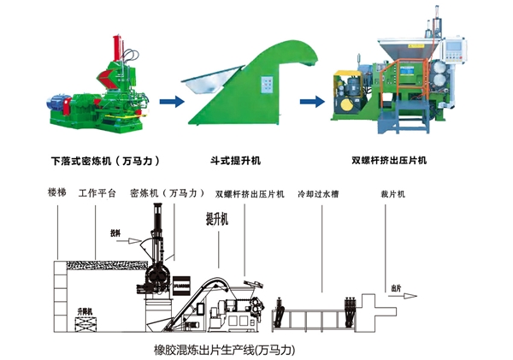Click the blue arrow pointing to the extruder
(x=312, y=100)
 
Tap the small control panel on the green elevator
(x=268, y=84)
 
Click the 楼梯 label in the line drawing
(x=58, y=193)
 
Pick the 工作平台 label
(x=97, y=193)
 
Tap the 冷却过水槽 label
(x=317, y=193)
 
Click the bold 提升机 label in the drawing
(x=218, y=219)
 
